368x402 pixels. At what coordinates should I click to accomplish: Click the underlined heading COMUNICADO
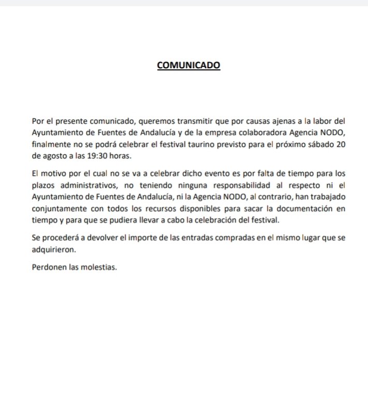(189, 66)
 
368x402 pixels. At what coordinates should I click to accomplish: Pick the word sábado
(308, 143)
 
